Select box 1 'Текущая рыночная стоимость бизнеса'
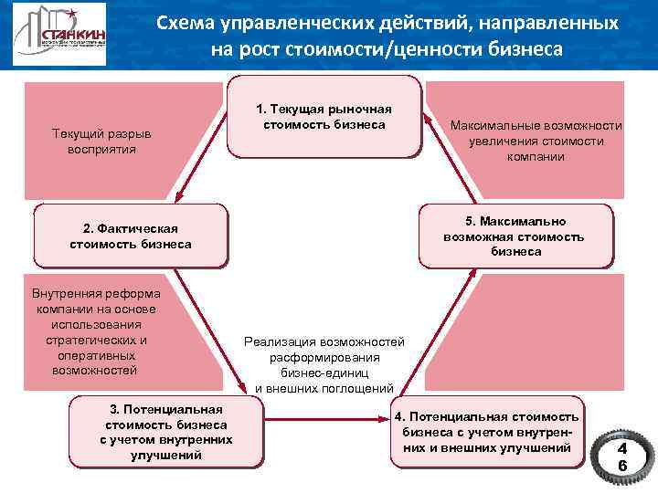tap(326, 117)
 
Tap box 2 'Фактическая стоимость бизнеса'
tap(131, 236)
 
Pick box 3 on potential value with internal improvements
tap(166, 429)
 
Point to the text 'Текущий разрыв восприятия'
tap(101, 142)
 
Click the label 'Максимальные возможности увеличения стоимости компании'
tap(536, 142)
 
